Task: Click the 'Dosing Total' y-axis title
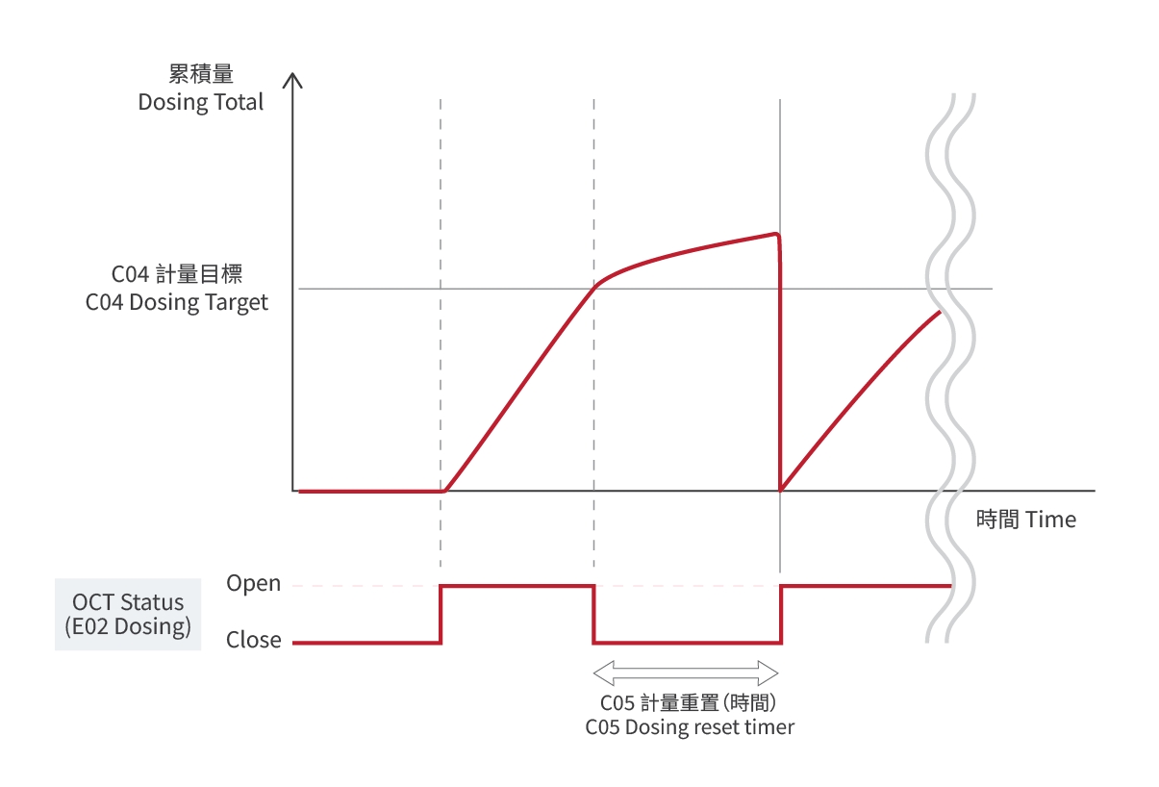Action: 200,102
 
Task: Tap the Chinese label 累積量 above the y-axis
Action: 200,75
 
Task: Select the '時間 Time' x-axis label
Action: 1025,520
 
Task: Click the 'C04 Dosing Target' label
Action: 177,302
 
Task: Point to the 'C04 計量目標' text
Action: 176,274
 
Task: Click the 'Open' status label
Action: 254,584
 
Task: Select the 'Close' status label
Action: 254,641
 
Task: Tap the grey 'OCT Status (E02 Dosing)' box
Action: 128,615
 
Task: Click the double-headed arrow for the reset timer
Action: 686,670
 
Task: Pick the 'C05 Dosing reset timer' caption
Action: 690,727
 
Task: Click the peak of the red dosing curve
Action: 775,234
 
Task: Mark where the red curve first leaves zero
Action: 444,491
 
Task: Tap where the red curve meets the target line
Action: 596,286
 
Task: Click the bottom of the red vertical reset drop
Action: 779,490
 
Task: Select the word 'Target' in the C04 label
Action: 237,302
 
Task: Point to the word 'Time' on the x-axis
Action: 1050,520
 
